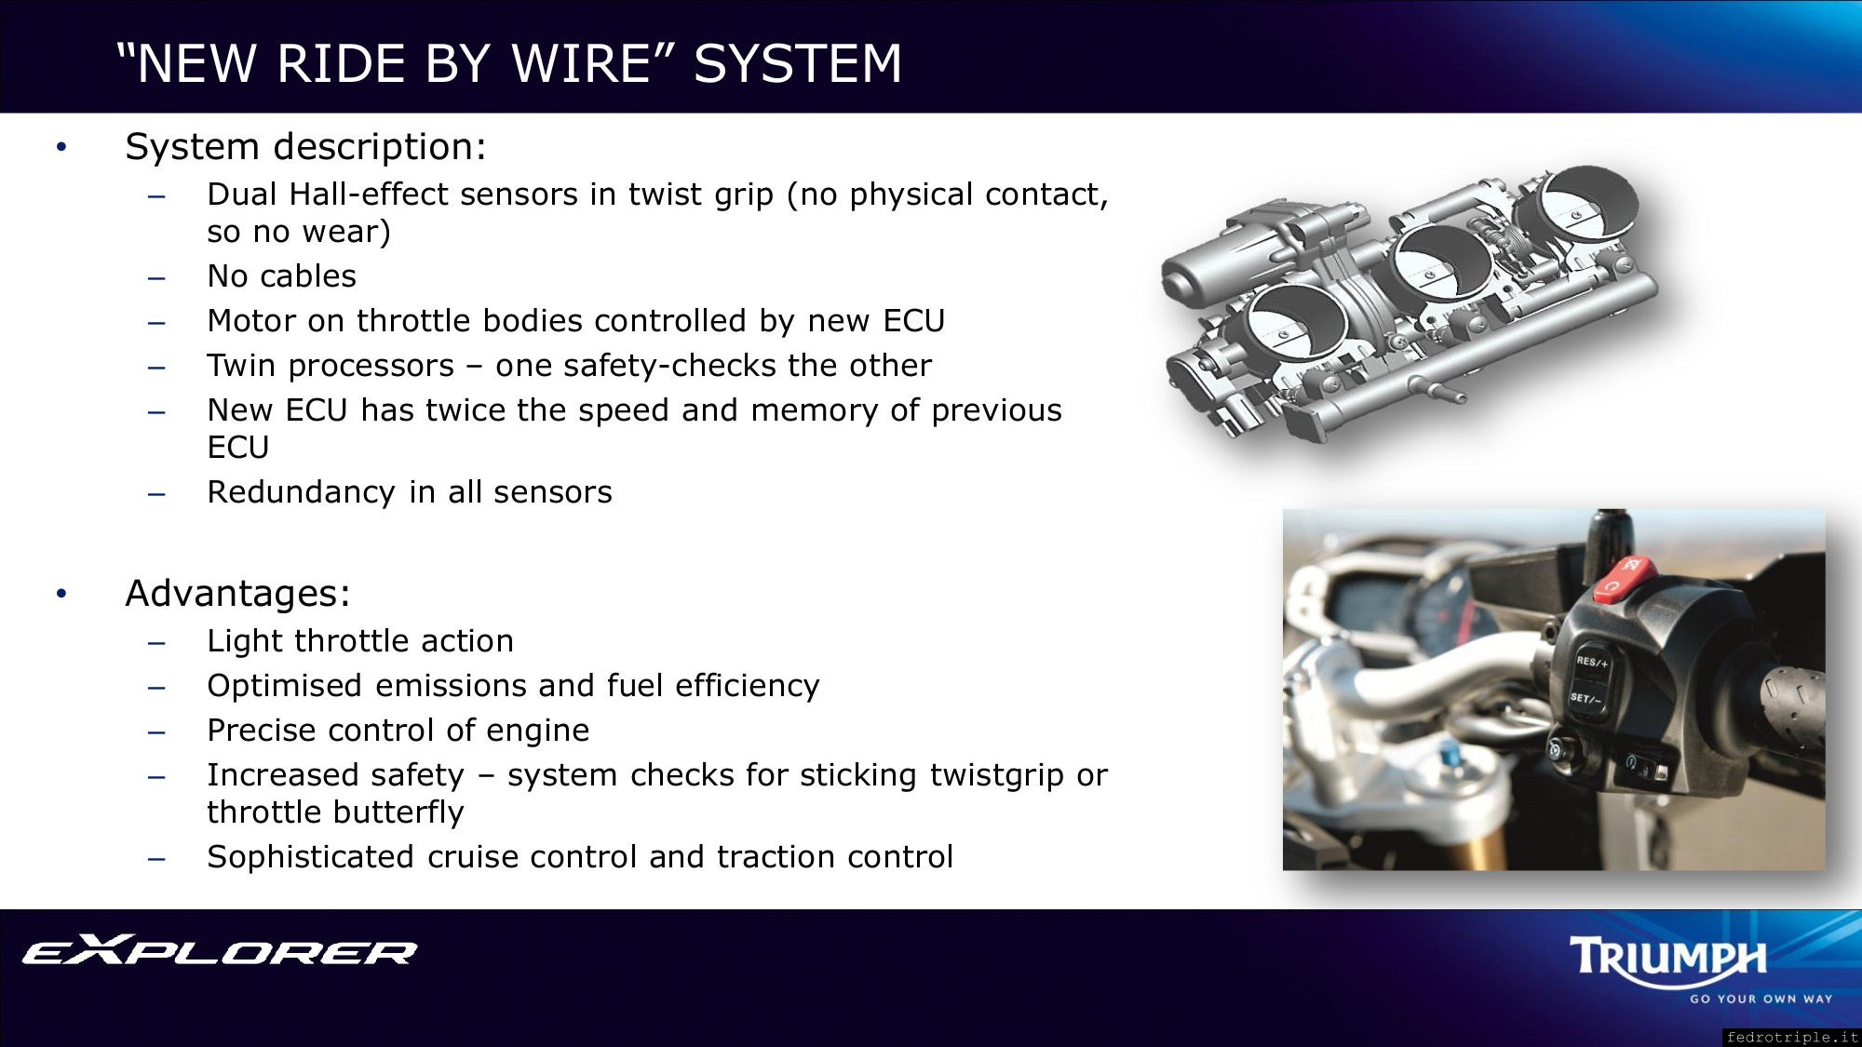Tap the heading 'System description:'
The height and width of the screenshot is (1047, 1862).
point(305,147)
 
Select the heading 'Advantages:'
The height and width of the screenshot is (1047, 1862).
point(237,594)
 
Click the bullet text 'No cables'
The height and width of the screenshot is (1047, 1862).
point(281,276)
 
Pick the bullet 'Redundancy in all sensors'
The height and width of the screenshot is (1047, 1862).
point(410,492)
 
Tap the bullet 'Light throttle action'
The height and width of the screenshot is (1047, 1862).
point(360,641)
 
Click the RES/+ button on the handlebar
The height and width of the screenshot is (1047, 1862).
point(1591,663)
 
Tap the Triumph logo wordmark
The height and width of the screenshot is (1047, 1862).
point(1667,959)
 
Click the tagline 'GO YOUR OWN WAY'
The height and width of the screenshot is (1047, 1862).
point(1761,1000)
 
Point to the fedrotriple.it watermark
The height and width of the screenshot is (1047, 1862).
point(1791,1037)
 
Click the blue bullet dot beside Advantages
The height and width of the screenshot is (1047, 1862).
point(61,594)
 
